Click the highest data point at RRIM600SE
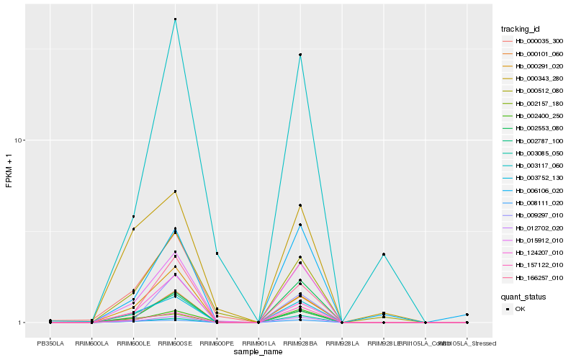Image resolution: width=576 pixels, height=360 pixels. click(x=175, y=19)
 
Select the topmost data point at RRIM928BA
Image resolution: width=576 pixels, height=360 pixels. click(x=300, y=55)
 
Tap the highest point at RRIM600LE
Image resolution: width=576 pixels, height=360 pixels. click(x=133, y=217)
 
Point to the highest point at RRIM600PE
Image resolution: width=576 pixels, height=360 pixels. click(x=217, y=253)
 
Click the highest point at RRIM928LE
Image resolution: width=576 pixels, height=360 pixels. click(x=384, y=254)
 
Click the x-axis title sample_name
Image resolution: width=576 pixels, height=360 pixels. click(x=258, y=351)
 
